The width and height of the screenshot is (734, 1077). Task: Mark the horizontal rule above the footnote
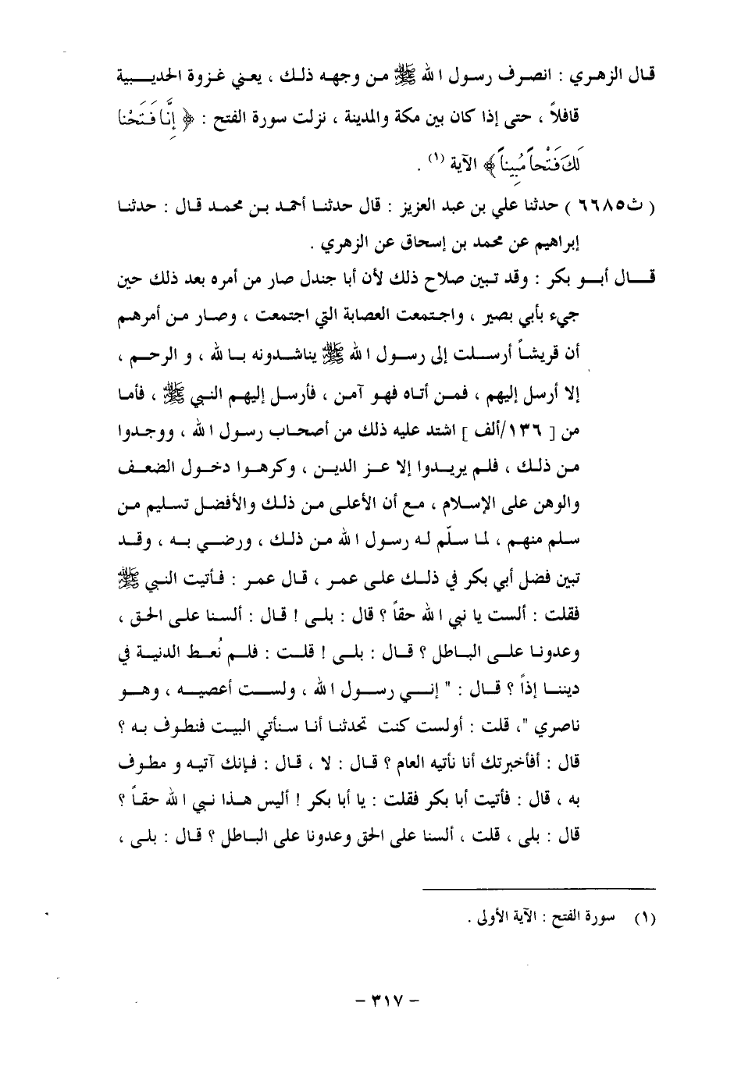[539, 888]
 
